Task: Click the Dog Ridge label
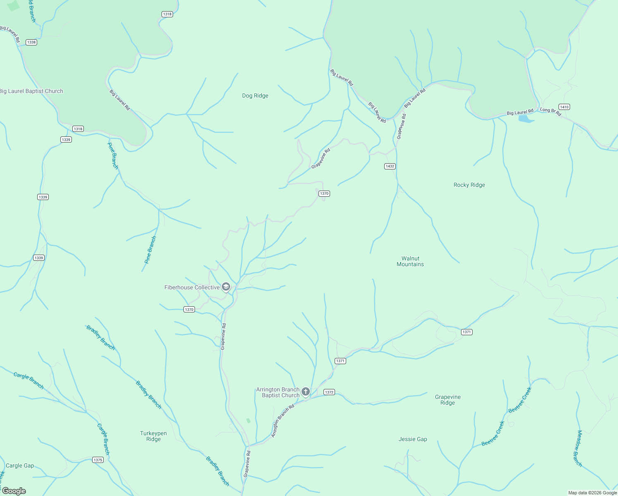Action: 255,95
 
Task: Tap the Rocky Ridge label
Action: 469,185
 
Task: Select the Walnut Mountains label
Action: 410,261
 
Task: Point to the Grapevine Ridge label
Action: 447,400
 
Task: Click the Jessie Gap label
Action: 413,439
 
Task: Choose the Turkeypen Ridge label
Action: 153,436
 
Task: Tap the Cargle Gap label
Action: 20,465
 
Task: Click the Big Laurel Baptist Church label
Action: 31,91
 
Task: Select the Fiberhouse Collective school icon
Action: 226,287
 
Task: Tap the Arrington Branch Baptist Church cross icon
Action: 305,391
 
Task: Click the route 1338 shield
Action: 31,42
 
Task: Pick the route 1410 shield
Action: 564,107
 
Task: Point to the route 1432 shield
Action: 390,166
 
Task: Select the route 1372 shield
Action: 329,392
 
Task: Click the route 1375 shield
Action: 97,460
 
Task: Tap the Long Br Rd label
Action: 550,112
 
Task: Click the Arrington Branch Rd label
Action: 283,421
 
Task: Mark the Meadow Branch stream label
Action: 578,448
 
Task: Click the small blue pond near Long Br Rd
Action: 525,119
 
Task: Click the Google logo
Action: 14,491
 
